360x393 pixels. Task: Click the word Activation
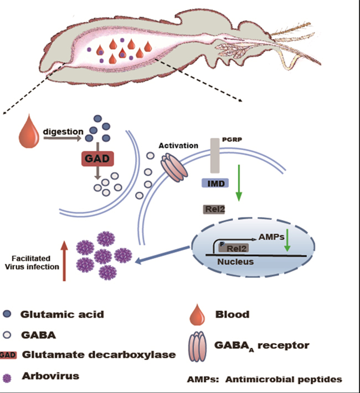[x=178, y=145]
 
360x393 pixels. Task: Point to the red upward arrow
[x=64, y=261]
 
